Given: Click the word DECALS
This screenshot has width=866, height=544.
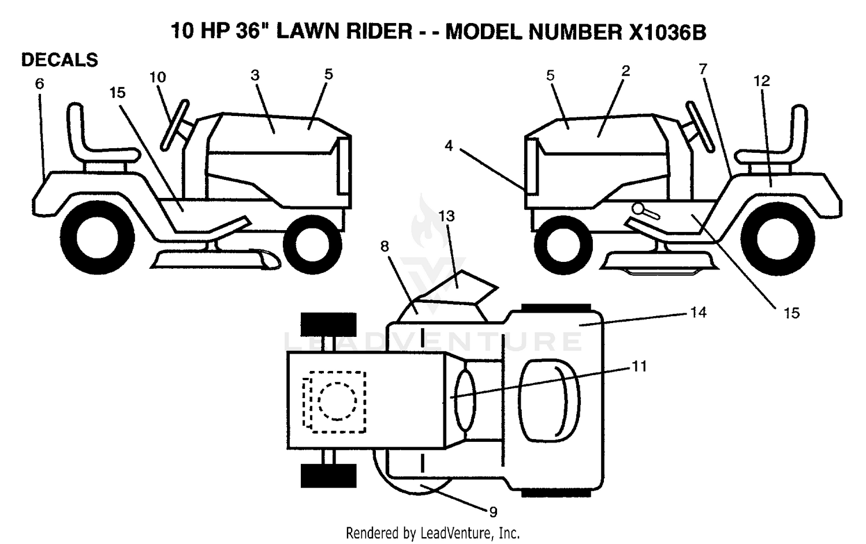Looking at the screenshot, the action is coord(59,60).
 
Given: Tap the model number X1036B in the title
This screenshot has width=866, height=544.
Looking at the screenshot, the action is coord(667,32).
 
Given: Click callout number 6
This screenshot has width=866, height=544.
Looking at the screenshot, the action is coord(39,84).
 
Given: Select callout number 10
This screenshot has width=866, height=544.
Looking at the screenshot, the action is coord(158,77).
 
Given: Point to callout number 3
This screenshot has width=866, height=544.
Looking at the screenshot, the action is coord(255,76).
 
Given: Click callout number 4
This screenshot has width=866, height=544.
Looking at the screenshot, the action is coord(449,145).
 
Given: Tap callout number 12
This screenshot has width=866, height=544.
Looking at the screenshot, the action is coord(762,81).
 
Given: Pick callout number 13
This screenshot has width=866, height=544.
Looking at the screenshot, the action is coord(447,216).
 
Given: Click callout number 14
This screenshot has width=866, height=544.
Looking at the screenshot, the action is coord(698,312).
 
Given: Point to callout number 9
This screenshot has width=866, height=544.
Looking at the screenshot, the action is coord(493,512).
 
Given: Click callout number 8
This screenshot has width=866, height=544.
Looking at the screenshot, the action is coord(385,246).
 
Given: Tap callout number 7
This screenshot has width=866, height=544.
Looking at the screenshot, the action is coord(703,69).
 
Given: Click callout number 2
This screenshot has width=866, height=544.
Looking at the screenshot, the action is coord(625,71).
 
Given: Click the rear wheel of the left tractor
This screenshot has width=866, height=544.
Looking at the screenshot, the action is coord(98,238).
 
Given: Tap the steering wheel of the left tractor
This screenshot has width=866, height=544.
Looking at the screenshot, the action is coord(175,125).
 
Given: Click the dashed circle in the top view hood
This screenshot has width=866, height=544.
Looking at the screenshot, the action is coord(337,401).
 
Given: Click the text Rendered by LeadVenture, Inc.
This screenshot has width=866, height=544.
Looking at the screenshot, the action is coord(432,533).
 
